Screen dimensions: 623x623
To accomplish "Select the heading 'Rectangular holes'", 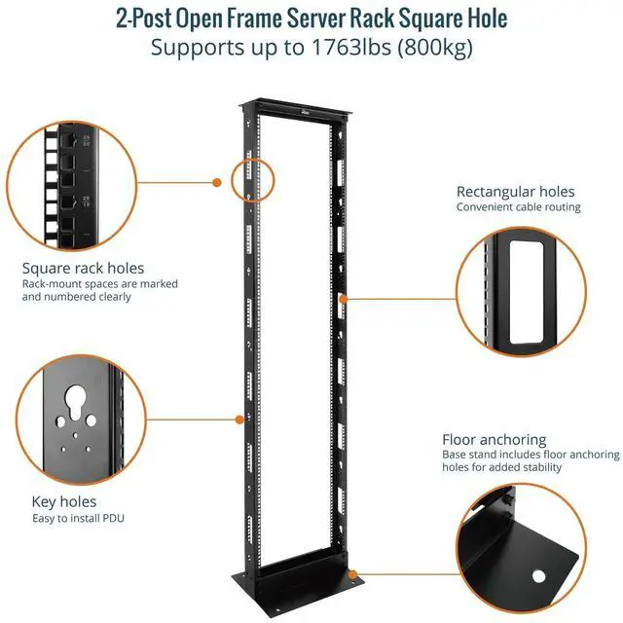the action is [515, 192].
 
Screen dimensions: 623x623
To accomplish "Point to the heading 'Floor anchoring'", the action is [494, 440].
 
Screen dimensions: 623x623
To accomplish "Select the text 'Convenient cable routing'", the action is [518, 207].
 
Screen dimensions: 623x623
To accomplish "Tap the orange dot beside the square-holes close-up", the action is [217, 181].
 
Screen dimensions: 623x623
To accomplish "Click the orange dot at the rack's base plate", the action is [352, 575].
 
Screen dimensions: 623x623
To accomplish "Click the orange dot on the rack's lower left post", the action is [239, 420].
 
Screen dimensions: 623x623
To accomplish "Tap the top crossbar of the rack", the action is [300, 105].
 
